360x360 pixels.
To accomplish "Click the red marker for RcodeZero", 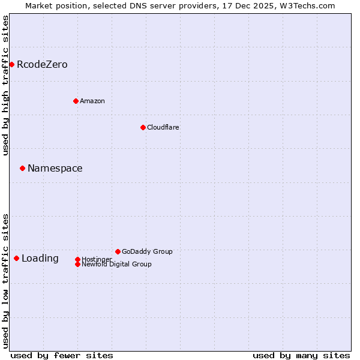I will pyautogui.click(x=11, y=64).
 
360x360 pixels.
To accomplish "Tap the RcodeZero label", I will pyautogui.click(x=42, y=65).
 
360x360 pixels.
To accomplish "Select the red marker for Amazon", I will pyautogui.click(x=76, y=101).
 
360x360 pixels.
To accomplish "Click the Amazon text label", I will pyautogui.click(x=92, y=101).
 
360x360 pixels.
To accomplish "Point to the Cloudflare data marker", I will pyautogui.click(x=143, y=127).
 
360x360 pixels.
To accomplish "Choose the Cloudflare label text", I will pyautogui.click(x=163, y=128).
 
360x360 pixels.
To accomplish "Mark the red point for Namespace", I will pyautogui.click(x=22, y=168).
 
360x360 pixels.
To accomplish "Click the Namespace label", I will pyautogui.click(x=55, y=169).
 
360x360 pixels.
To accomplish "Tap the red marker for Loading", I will pyautogui.click(x=16, y=258).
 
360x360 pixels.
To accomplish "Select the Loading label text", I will pyautogui.click(x=40, y=259).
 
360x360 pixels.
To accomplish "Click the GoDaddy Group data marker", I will pyautogui.click(x=118, y=251).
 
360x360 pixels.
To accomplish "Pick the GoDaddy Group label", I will pyautogui.click(x=147, y=252).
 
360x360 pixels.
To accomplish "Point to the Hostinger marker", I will pyautogui.click(x=77, y=259).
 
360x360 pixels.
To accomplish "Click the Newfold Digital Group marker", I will pyautogui.click(x=77, y=264).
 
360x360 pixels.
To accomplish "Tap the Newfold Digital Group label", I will pyautogui.click(x=117, y=265).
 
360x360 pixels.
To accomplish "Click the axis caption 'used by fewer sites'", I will pyautogui.click(x=62, y=355).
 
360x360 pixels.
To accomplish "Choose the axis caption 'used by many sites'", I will pyautogui.click(x=301, y=355).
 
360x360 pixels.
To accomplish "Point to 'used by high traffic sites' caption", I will pyautogui.click(x=6, y=85).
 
